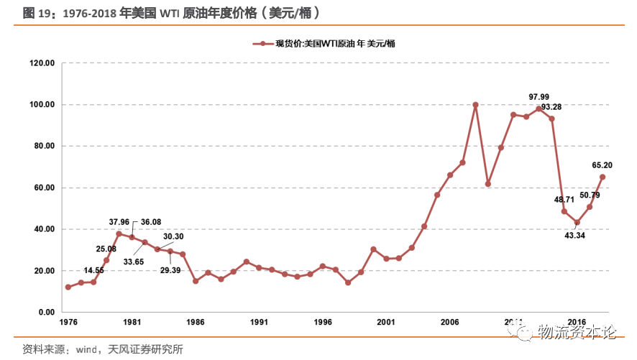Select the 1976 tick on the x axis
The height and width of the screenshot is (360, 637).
click(x=68, y=323)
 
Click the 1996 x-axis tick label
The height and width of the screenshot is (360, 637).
click(x=323, y=323)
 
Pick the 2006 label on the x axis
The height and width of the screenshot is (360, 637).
click(x=450, y=323)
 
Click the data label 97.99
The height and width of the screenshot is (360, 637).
click(x=539, y=97)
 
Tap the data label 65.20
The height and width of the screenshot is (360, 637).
click(x=602, y=165)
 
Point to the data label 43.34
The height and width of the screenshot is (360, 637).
click(x=575, y=235)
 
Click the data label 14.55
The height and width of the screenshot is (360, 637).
click(x=94, y=271)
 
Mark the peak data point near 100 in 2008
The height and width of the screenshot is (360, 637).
click(x=475, y=105)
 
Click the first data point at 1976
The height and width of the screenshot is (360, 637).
click(x=68, y=287)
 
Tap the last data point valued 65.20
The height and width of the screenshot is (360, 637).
click(x=602, y=177)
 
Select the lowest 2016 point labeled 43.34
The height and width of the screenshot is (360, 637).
click(x=577, y=222)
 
